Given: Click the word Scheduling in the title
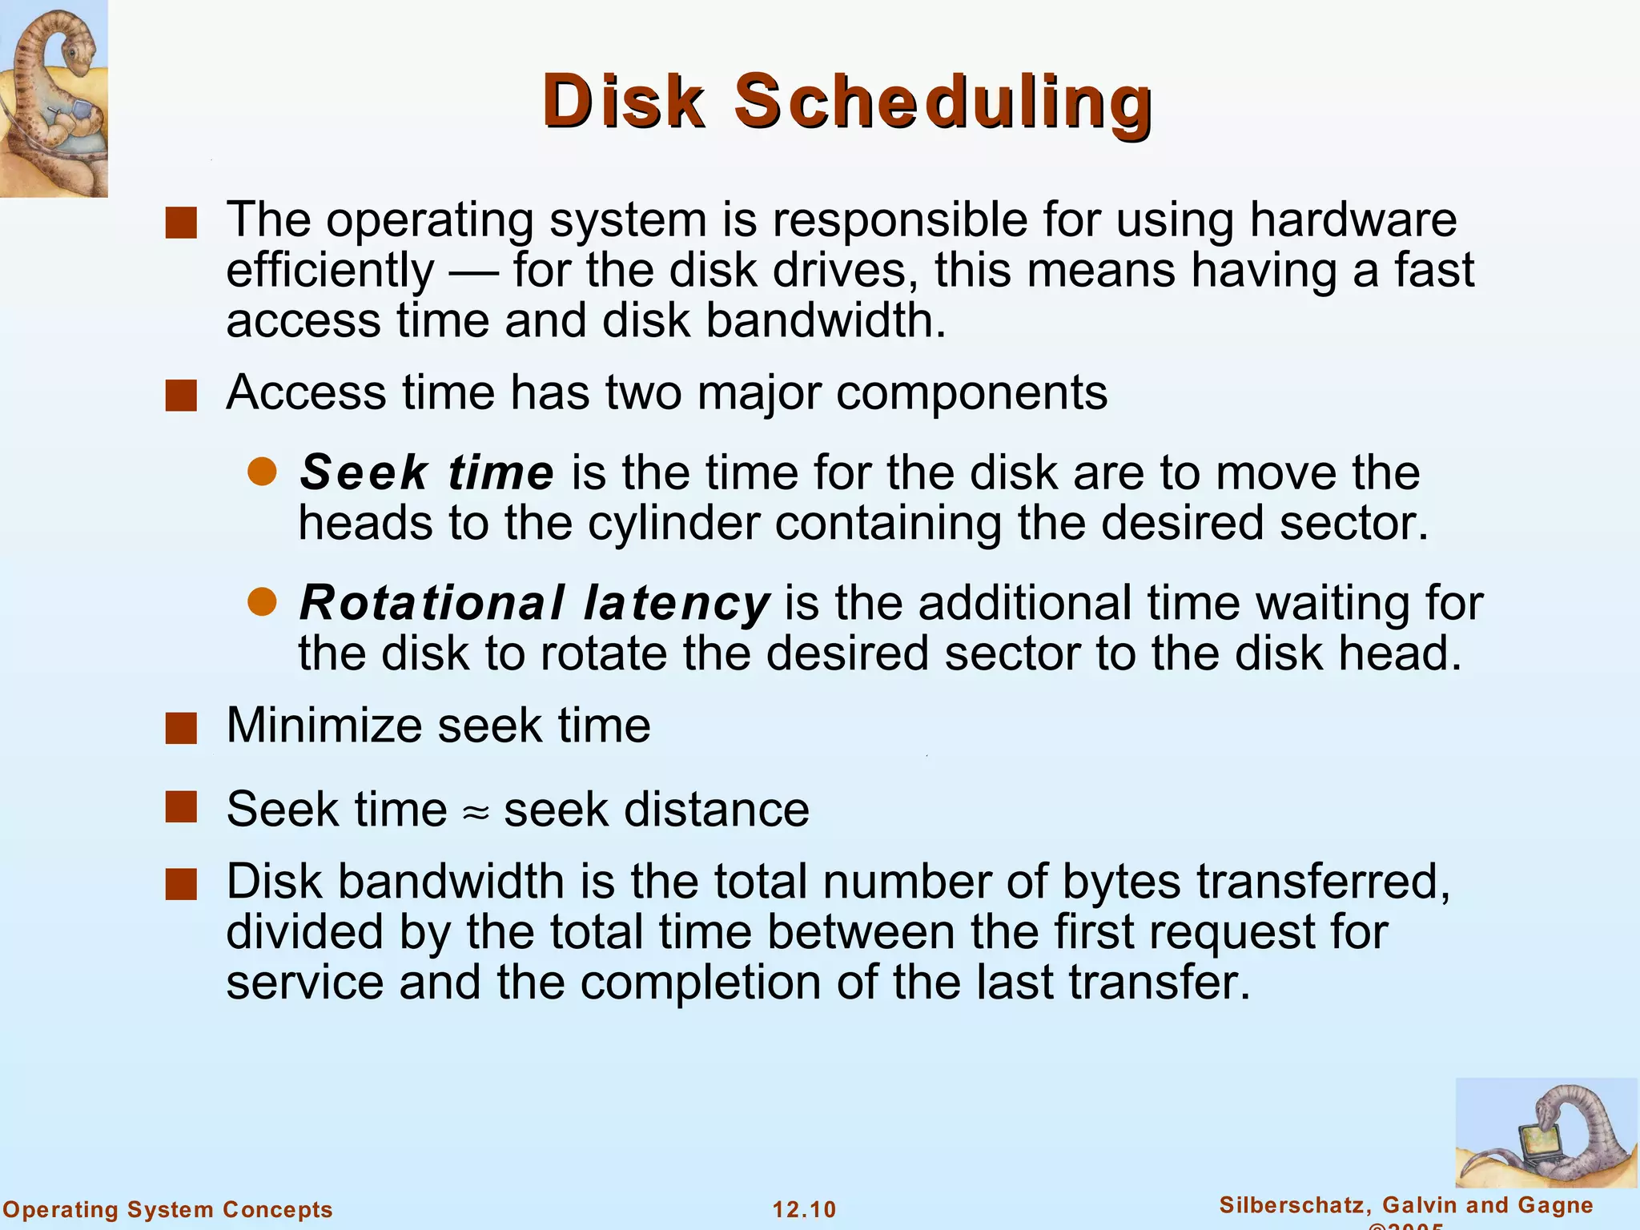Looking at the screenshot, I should pyautogui.click(x=943, y=102).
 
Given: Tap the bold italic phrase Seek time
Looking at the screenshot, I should pyautogui.click(x=426, y=472).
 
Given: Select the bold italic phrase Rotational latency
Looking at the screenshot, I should pyautogui.click(x=533, y=602).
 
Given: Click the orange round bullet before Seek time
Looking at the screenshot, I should pyautogui.click(x=262, y=472).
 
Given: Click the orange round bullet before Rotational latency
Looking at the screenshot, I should pyautogui.click(x=262, y=601).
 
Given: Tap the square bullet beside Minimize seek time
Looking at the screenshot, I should pyautogui.click(x=181, y=729).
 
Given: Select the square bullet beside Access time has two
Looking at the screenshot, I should pyautogui.click(x=181, y=396).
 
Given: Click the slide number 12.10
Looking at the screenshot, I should pyautogui.click(x=804, y=1209).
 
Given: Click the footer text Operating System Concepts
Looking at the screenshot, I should pyautogui.click(x=167, y=1209).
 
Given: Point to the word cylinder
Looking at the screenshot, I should pyautogui.click(x=673, y=523).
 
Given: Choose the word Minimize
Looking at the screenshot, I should pyautogui.click(x=324, y=726).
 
